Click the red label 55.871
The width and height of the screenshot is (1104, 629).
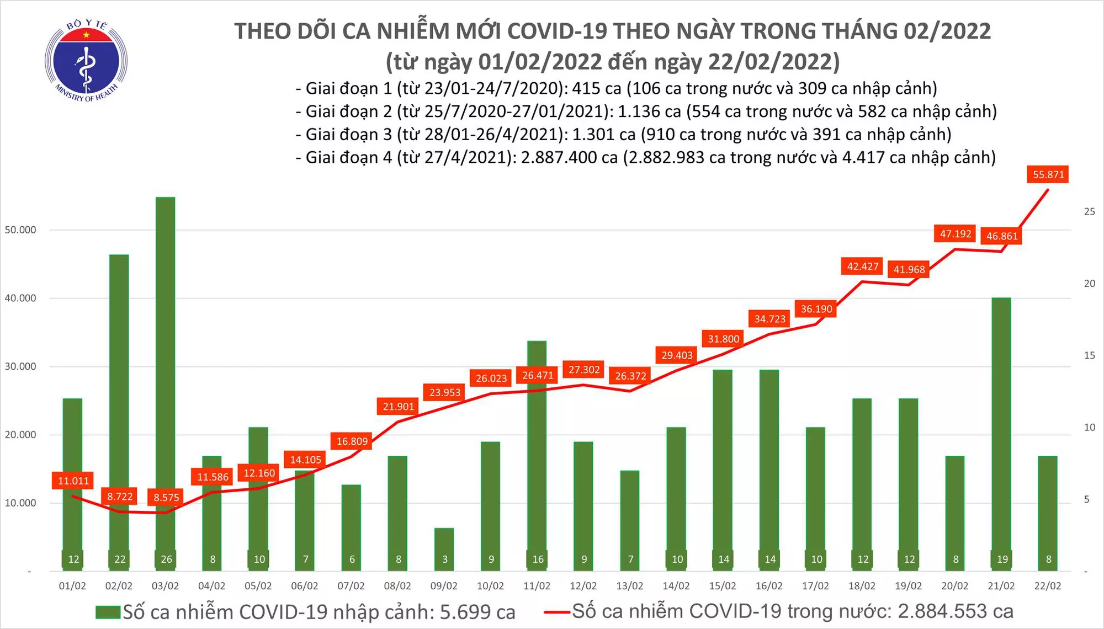[1048, 174]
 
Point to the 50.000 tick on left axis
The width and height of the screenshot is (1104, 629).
[20, 230]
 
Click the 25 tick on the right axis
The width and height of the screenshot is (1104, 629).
[1089, 211]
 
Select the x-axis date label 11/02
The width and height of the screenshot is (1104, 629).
[537, 586]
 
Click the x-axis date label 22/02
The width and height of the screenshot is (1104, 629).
[1047, 586]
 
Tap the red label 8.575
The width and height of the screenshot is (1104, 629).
[166, 497]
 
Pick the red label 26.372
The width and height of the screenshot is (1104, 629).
[630, 376]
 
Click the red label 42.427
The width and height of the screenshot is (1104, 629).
[862, 266]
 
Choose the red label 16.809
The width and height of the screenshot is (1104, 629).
[352, 441]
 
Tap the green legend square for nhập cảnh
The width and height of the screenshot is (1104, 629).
[108, 612]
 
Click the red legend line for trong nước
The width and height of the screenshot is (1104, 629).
[556, 611]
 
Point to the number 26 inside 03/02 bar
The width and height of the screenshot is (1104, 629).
[166, 559]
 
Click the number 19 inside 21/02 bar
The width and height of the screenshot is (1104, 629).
[1002, 559]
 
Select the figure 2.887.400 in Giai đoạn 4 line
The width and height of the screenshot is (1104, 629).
[569, 157]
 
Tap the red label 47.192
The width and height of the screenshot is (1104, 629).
[955, 233]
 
